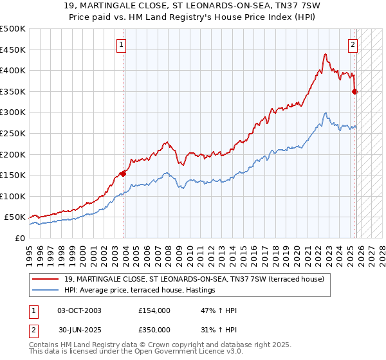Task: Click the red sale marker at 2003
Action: (123, 173)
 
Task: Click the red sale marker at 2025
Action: (354, 91)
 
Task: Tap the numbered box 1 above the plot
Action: (122, 44)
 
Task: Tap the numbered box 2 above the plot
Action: (353, 44)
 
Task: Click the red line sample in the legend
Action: (46, 278)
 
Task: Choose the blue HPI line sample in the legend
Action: (46, 291)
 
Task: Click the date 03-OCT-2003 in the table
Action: (79, 310)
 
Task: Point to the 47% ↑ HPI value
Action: (219, 310)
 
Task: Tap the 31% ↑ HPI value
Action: (219, 329)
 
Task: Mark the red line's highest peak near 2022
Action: (326, 54)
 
